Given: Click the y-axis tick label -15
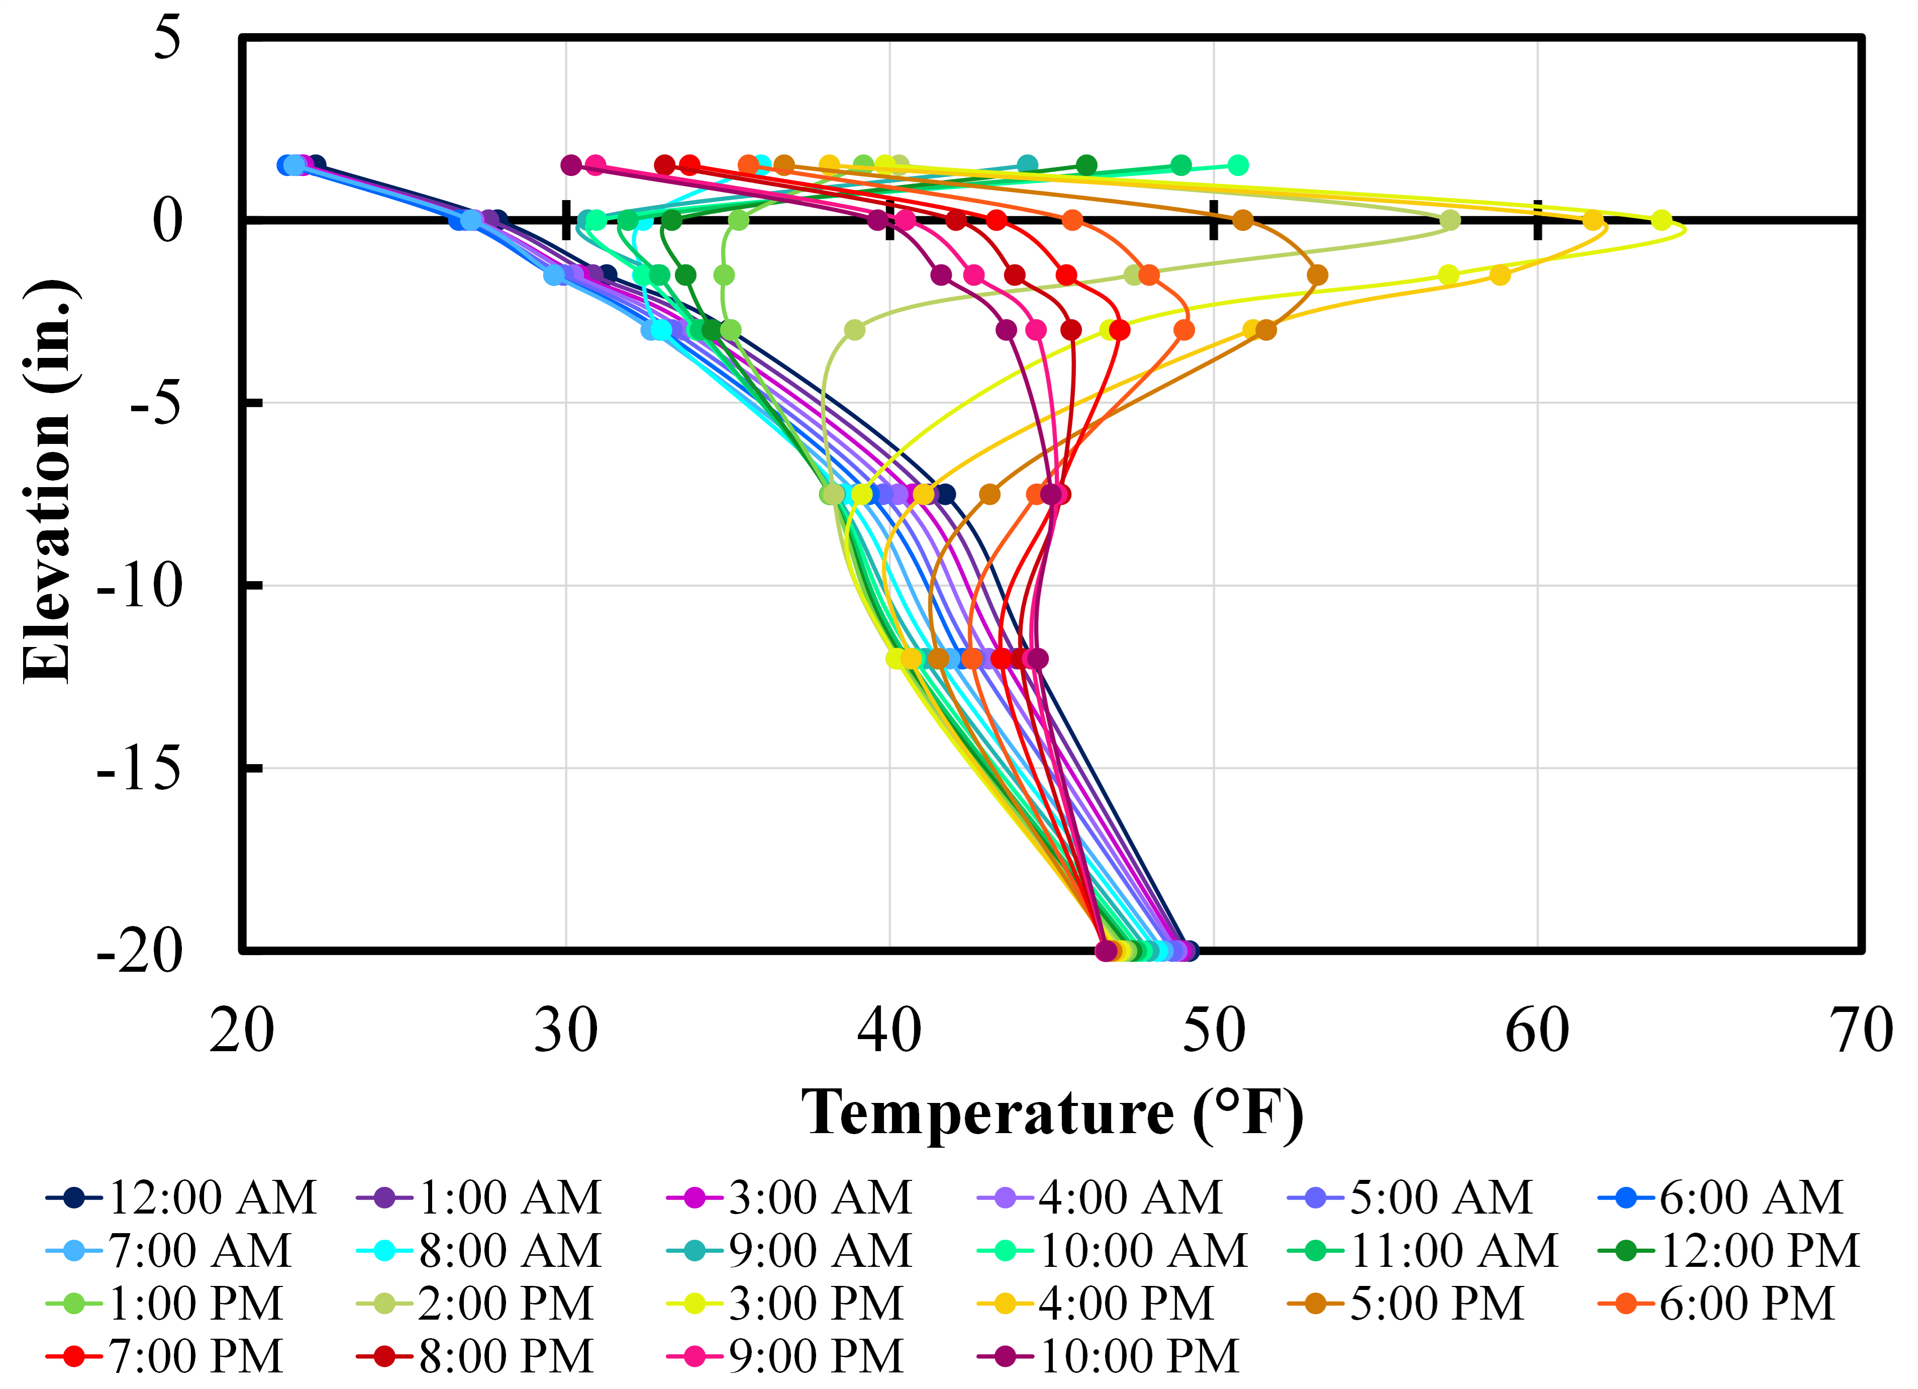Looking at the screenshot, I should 140,768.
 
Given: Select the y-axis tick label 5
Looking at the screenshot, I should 167,38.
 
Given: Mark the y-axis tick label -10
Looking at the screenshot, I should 140,585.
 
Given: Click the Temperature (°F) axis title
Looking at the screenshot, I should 1052,1113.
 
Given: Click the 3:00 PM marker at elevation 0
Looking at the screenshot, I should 1662,221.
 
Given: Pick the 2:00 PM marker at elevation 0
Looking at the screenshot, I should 1450,221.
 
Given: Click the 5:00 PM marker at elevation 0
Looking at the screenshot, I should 1242,221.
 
